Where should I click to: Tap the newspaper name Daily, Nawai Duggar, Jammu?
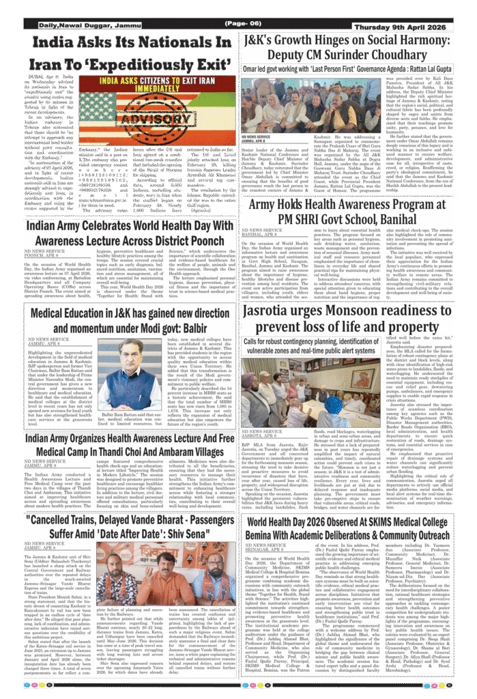77,25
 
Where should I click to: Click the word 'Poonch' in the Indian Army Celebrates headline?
208,241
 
